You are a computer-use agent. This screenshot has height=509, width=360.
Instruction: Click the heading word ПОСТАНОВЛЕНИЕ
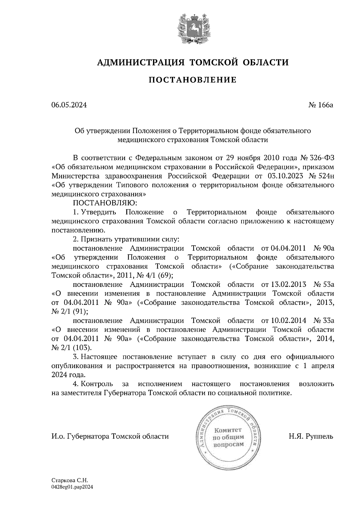(193, 80)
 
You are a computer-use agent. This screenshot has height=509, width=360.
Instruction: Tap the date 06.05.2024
(69, 105)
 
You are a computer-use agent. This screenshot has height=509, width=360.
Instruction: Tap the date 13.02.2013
(288, 284)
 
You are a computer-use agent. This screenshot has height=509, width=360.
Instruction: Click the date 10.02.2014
(288, 320)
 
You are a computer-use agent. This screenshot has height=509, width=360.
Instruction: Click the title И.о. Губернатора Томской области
(110, 436)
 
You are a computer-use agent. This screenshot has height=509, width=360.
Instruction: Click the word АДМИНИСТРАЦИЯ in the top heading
(141, 63)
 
